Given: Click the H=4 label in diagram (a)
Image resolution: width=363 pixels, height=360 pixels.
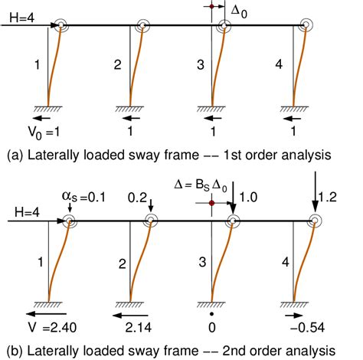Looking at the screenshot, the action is (x=21, y=18).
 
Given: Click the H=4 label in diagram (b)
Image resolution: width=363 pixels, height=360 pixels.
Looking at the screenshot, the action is (x=27, y=212).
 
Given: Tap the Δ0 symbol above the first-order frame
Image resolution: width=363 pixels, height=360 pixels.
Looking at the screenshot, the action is (x=239, y=12).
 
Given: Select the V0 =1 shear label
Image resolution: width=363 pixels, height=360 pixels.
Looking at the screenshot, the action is (x=44, y=133).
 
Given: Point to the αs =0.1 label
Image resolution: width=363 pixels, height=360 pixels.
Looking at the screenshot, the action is (x=83, y=197).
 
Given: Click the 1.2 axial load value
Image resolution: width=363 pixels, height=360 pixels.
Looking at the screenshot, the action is (x=328, y=198).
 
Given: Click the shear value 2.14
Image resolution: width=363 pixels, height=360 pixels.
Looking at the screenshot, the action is (x=139, y=328).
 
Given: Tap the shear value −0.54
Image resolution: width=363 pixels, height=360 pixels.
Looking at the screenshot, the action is (x=308, y=328).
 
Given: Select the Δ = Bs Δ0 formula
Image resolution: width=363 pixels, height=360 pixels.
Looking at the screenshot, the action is (x=201, y=185).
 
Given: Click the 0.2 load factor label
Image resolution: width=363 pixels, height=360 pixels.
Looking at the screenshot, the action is (x=137, y=198).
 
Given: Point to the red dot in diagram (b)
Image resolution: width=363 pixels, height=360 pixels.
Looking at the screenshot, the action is (x=211, y=203).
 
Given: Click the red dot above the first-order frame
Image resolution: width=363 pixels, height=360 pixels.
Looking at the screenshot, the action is (x=211, y=6).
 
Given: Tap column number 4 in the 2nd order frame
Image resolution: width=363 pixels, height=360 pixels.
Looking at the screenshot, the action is (x=286, y=262).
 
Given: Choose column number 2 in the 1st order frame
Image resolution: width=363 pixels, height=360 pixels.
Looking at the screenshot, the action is (x=117, y=65).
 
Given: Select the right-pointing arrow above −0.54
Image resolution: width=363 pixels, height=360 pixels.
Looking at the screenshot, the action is (x=294, y=316).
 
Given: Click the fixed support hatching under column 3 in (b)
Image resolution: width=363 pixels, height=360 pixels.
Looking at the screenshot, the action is (x=211, y=305).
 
